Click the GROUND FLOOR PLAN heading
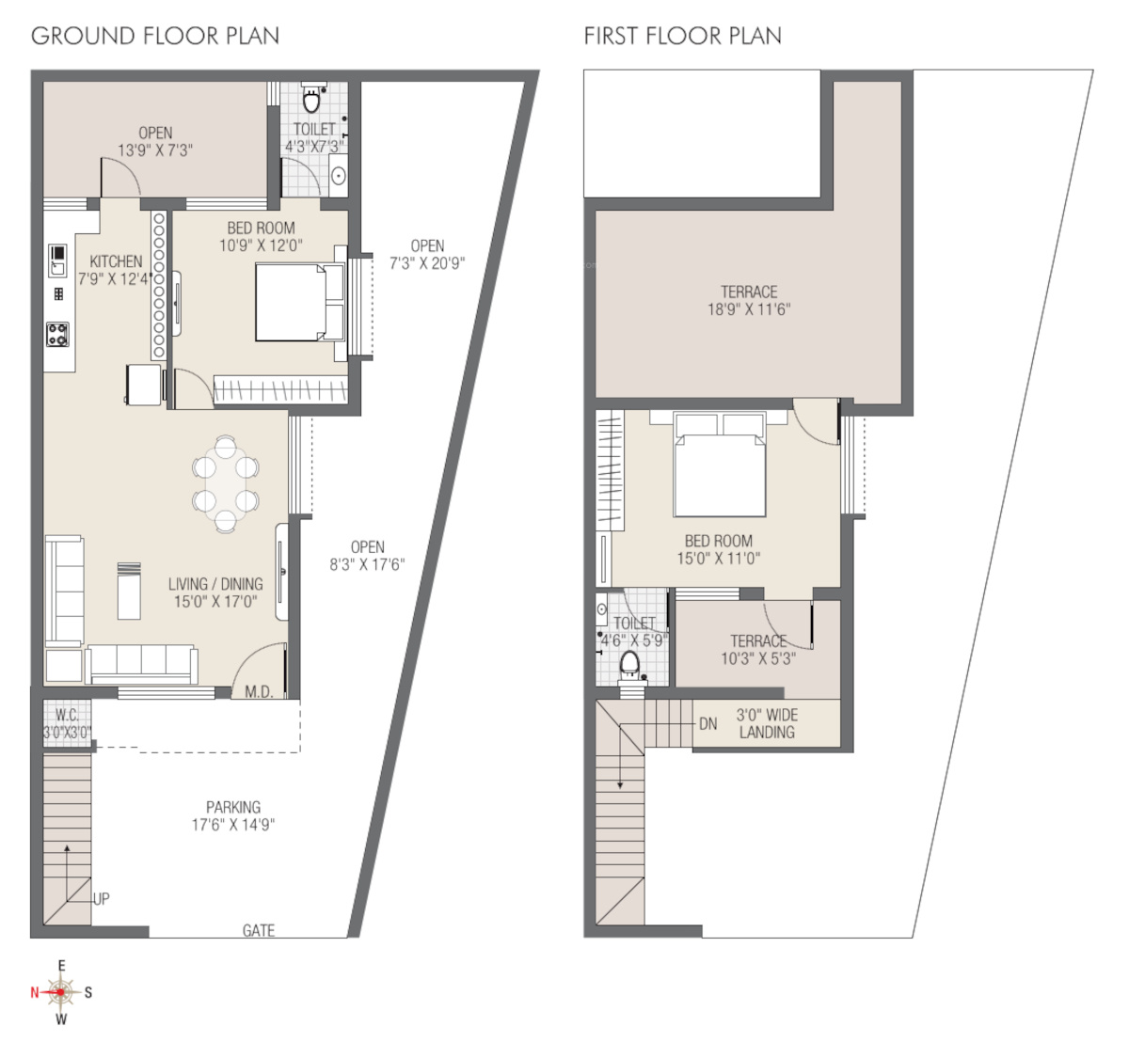pyautogui.click(x=155, y=36)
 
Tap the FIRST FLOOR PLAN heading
pyautogui.click(x=683, y=36)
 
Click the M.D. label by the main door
pyautogui.click(x=260, y=692)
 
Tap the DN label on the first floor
pyautogui.click(x=708, y=724)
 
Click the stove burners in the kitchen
pyautogui.click(x=57, y=334)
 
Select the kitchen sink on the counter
pyautogui.click(x=57, y=261)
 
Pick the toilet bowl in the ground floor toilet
pyautogui.click(x=311, y=99)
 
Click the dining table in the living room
pyautogui.click(x=226, y=483)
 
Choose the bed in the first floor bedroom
pyautogui.click(x=719, y=465)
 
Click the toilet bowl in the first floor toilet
pyautogui.click(x=629, y=666)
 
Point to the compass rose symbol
pyautogui.click(x=61, y=992)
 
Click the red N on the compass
pyautogui.click(x=35, y=992)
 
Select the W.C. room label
pyautogui.click(x=67, y=715)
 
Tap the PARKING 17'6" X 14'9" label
pyautogui.click(x=233, y=815)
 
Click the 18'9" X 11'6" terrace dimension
pyautogui.click(x=749, y=309)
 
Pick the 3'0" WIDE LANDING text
pyautogui.click(x=767, y=724)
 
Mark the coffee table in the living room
pyautogui.click(x=129, y=592)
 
